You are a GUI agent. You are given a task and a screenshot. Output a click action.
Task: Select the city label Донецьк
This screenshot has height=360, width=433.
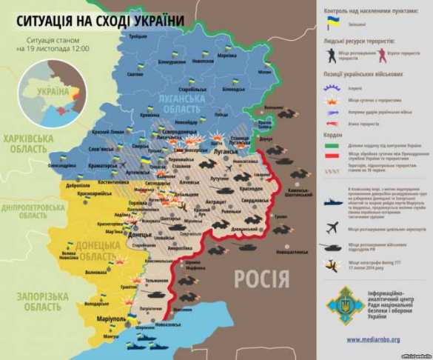(141, 234)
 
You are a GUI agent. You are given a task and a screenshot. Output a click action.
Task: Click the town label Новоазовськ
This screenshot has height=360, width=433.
(169, 325)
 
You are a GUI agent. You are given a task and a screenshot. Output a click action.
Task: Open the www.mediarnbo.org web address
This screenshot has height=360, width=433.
(373, 339)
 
